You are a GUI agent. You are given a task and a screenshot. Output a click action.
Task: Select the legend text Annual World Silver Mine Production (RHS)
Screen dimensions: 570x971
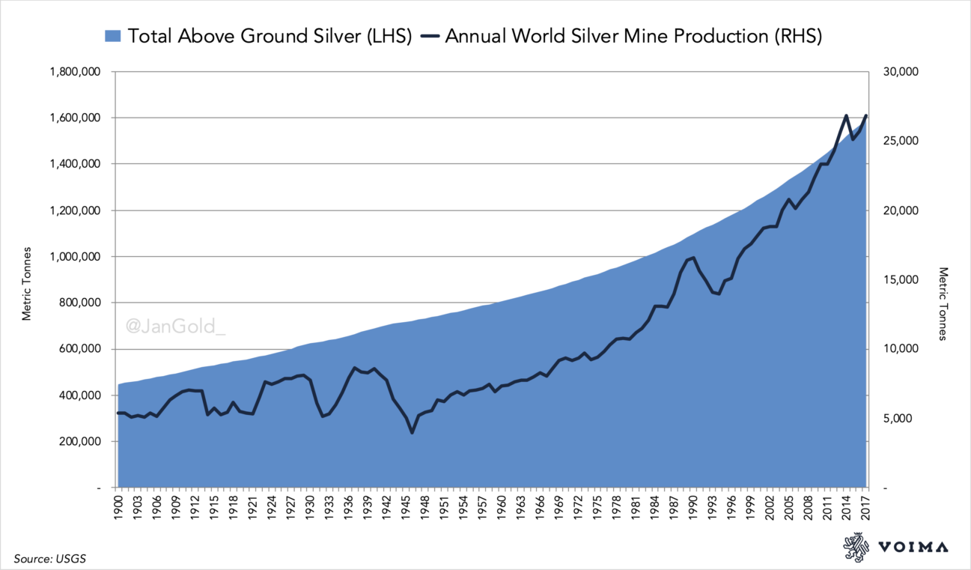pos(633,36)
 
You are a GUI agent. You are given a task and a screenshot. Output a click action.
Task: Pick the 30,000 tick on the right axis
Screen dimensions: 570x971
pos(901,72)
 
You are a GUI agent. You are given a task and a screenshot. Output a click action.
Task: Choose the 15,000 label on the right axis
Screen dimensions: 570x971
pos(901,280)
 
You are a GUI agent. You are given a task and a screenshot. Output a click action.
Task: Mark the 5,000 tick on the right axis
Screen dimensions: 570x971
pos(898,419)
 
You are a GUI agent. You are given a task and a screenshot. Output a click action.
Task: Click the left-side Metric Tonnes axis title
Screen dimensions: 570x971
pos(26,283)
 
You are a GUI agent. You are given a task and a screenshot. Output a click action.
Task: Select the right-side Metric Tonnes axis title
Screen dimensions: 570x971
pos(943,303)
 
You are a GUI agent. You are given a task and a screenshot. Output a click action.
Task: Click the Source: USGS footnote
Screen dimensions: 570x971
pos(46,559)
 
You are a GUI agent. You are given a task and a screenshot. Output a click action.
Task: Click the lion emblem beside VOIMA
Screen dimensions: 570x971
pos(856,545)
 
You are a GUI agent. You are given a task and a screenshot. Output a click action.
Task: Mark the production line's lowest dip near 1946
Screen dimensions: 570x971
pos(412,432)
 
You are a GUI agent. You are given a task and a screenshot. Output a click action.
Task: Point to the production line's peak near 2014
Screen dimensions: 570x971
pos(846,116)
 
